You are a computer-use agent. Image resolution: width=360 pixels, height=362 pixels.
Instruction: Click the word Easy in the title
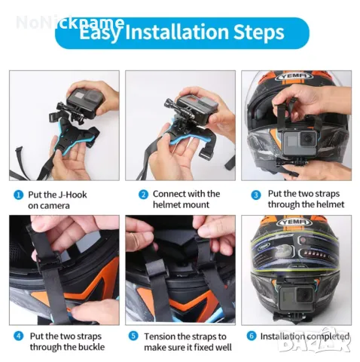[103, 33]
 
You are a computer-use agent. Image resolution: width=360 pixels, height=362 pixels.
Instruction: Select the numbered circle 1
[17, 194]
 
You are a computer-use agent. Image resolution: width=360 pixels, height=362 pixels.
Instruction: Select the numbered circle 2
[142, 194]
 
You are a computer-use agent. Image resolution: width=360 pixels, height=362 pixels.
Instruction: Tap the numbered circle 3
[256, 194]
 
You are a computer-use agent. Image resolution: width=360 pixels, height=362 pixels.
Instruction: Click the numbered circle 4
[17, 336]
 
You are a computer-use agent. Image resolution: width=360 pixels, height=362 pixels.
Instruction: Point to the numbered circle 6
[251, 336]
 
